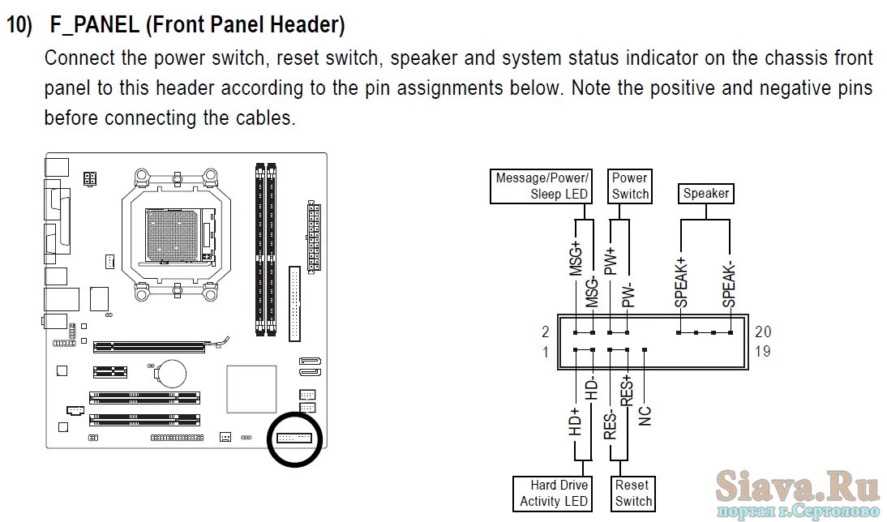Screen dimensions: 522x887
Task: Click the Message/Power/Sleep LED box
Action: (x=542, y=186)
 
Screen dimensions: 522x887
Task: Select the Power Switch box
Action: (x=630, y=186)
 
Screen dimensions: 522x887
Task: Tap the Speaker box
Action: (x=705, y=193)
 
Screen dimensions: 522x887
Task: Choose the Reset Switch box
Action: (x=632, y=493)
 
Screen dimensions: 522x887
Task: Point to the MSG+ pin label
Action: (x=576, y=259)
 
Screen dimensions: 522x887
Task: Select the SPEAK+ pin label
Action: (x=681, y=281)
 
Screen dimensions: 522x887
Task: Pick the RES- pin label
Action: (x=611, y=422)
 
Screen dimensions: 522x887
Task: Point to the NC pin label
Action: (x=645, y=415)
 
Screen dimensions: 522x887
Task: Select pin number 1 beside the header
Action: (x=546, y=352)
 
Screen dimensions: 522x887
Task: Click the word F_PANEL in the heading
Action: (x=94, y=25)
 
